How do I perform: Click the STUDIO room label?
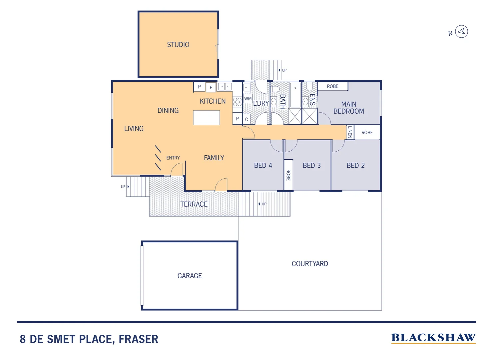(178, 45)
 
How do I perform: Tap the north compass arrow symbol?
(461, 32)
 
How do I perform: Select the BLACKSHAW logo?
(433, 338)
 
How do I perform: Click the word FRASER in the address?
(138, 339)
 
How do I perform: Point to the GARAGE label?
(190, 276)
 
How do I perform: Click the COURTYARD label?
(310, 264)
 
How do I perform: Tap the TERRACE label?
(194, 204)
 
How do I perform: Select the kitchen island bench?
(207, 118)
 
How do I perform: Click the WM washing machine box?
(248, 99)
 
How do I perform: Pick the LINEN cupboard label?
(349, 132)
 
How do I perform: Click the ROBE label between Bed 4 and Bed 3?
(288, 175)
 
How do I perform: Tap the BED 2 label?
(355, 165)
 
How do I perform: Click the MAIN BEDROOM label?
(349, 108)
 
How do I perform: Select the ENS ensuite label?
(312, 100)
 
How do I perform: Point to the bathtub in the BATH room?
(295, 95)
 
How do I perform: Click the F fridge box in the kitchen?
(211, 87)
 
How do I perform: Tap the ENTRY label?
(173, 158)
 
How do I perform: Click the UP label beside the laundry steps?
(284, 70)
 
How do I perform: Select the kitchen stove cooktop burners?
(237, 102)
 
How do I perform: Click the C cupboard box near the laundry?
(246, 119)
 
